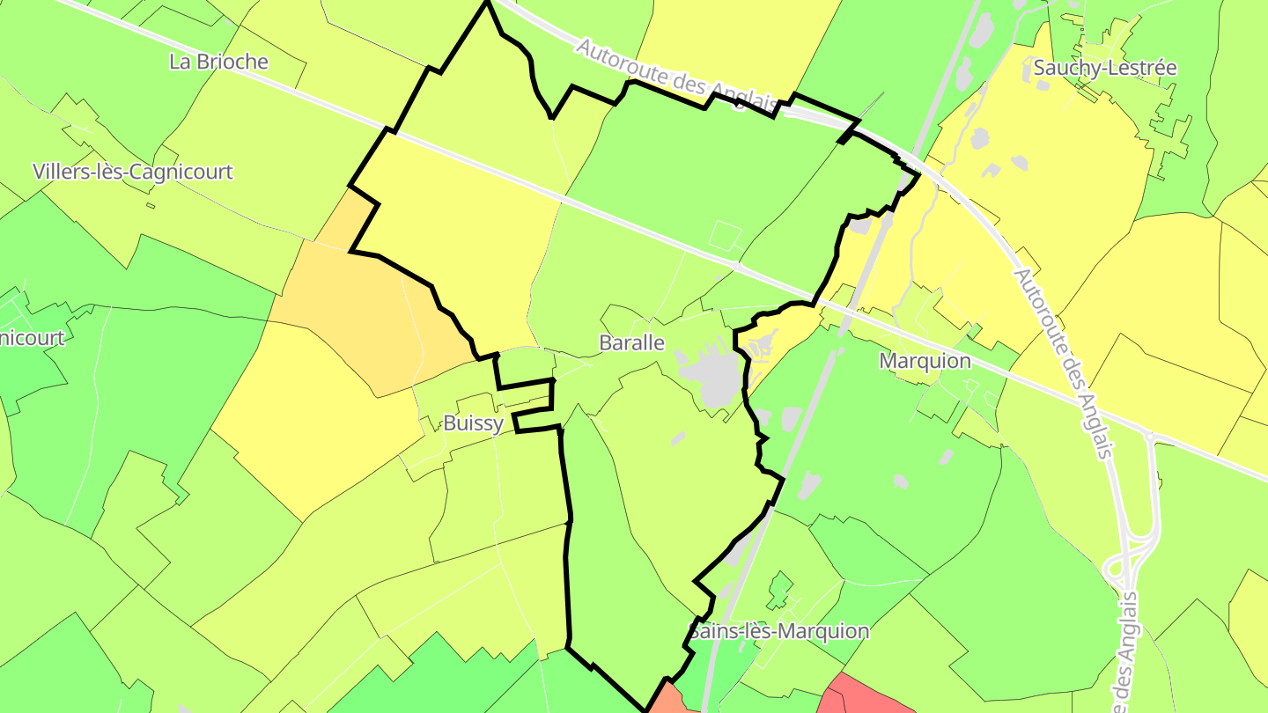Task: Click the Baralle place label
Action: point(631,343)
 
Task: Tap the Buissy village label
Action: point(473,423)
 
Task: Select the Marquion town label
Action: point(925,361)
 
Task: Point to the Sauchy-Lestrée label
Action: point(1105,68)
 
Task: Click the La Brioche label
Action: point(218,62)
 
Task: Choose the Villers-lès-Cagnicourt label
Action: point(133,172)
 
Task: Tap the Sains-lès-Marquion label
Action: point(778,631)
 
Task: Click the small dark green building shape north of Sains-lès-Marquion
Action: point(778,590)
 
